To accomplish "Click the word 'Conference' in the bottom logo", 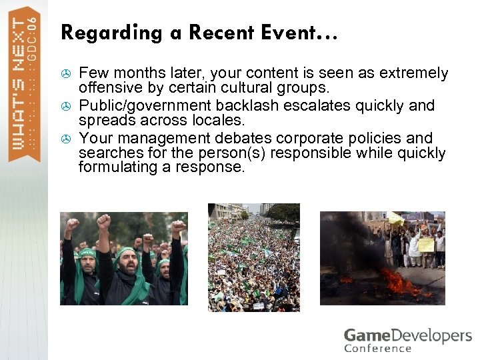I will (x=378, y=348).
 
